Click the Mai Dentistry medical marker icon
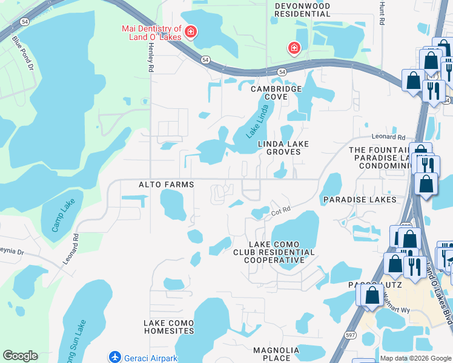click(190, 31)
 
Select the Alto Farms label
click(167, 184)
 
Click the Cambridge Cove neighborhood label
click(277, 93)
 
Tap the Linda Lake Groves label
click(283, 148)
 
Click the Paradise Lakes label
click(360, 199)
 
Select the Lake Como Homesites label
click(168, 327)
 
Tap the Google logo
click(19, 356)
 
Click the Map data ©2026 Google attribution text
click(415, 358)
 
